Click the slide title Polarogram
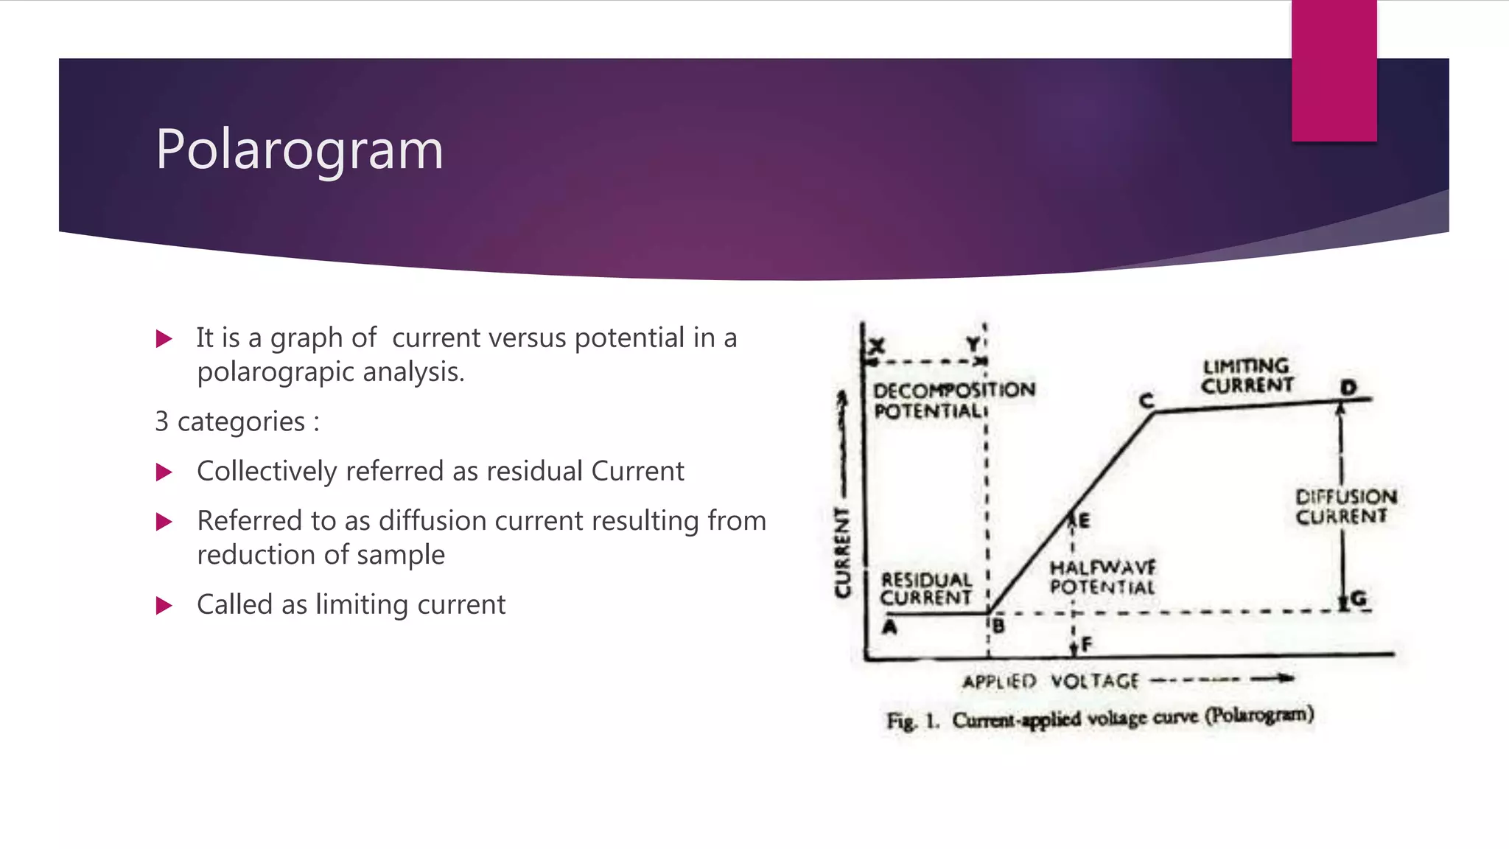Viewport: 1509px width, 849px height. pos(299,150)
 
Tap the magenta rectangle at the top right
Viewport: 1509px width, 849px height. pos(1334,70)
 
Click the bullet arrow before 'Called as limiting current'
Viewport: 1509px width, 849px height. pos(164,606)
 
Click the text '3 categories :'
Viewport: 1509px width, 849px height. pos(237,422)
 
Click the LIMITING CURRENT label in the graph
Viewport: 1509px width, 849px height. pos(1247,376)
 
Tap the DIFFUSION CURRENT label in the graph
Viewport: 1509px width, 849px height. pos(1345,507)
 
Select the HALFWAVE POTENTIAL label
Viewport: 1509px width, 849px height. pos(1102,578)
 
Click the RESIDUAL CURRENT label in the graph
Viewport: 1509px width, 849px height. pos(926,589)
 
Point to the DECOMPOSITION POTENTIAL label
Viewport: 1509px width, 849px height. pos(953,400)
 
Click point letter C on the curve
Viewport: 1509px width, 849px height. pos(1146,401)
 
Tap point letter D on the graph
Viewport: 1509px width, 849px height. pos(1348,388)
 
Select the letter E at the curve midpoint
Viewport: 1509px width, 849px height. pos(1084,522)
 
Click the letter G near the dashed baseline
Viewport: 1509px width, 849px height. pos(1359,598)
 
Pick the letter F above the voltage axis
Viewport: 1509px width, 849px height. pos(1087,645)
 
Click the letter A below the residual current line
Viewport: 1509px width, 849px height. pos(890,627)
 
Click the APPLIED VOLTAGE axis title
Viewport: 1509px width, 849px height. pos(1051,681)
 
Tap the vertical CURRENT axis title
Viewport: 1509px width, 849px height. pos(842,553)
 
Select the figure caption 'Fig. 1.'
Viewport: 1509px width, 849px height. pos(912,721)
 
